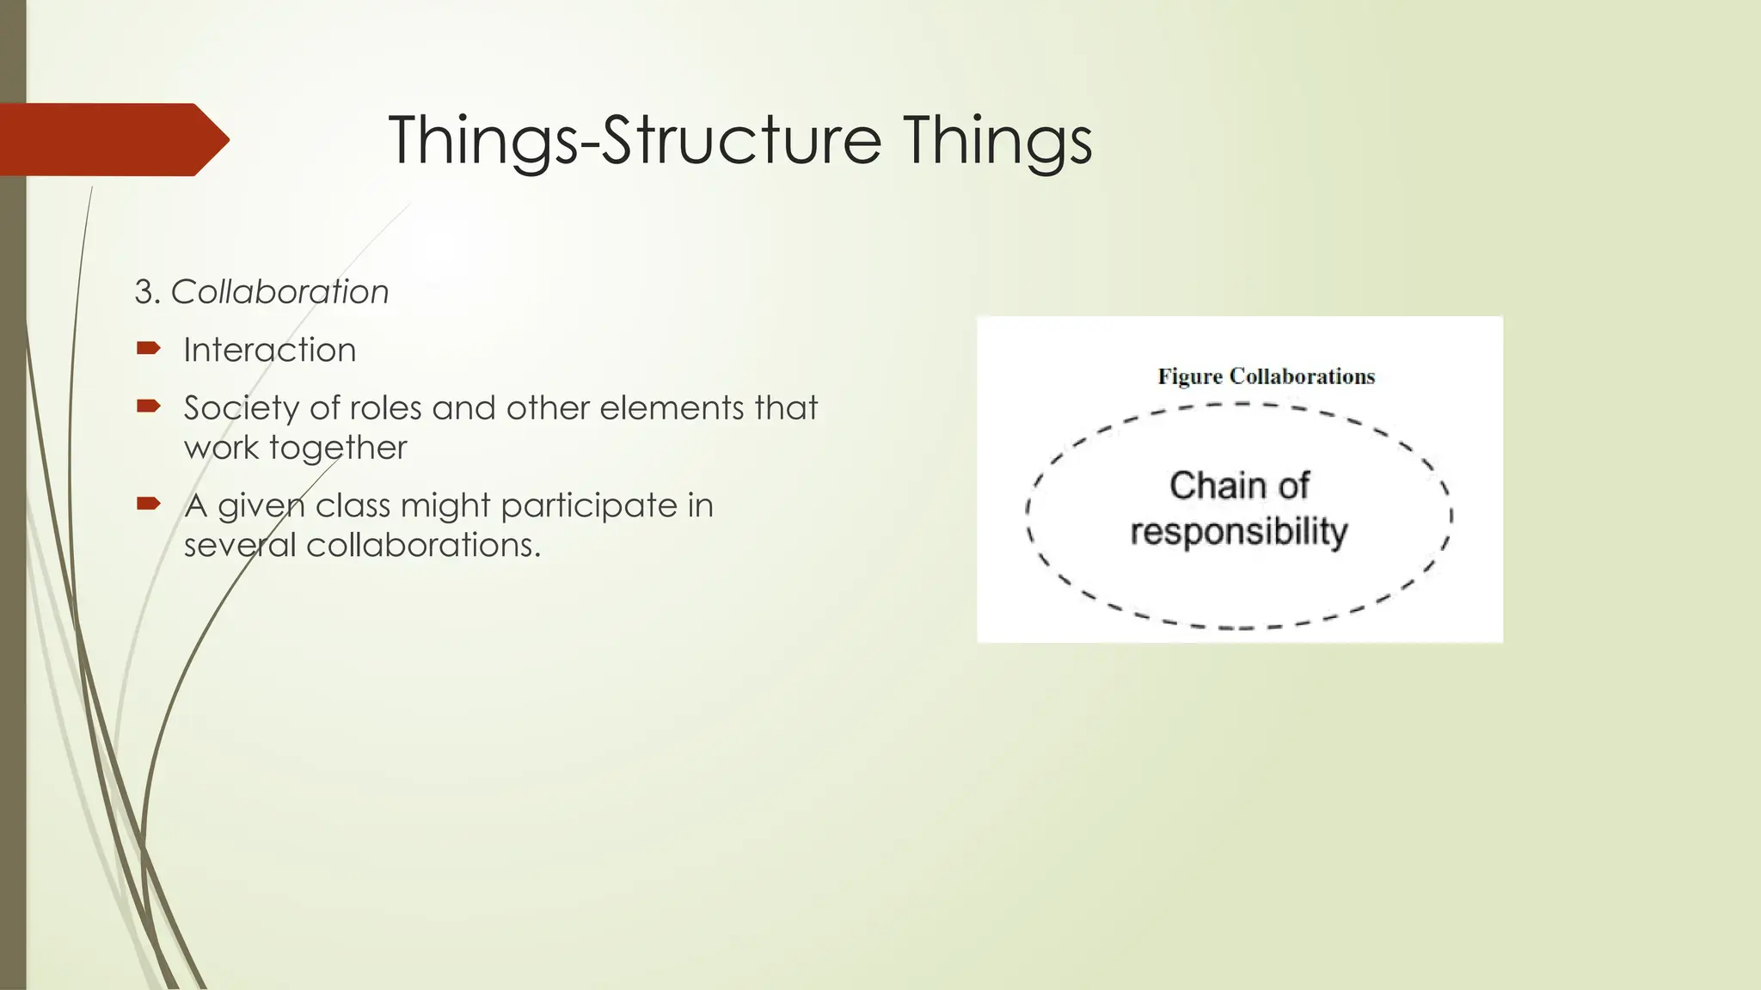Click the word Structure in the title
pyautogui.click(x=741, y=140)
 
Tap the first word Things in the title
pyautogui.click(x=482, y=140)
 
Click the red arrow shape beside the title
pyautogui.click(x=112, y=139)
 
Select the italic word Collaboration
pyautogui.click(x=279, y=292)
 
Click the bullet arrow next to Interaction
pyautogui.click(x=148, y=348)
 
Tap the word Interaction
pyautogui.click(x=269, y=351)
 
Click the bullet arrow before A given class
pyautogui.click(x=148, y=504)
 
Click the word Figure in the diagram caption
pyautogui.click(x=1189, y=376)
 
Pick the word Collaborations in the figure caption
pyautogui.click(x=1302, y=376)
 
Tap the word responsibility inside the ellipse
pyautogui.click(x=1238, y=531)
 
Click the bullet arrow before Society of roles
pyautogui.click(x=148, y=406)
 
